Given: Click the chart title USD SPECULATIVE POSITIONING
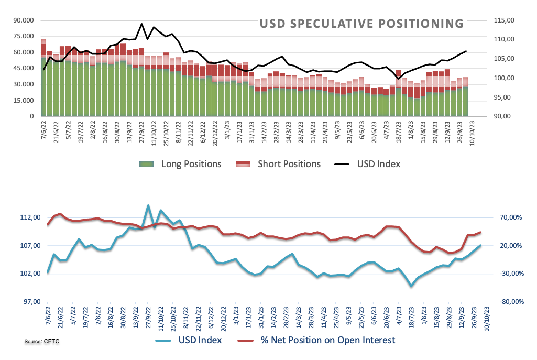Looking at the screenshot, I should pyautogui.click(x=361, y=24).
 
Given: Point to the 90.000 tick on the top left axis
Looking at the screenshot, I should pyautogui.click(x=24, y=20).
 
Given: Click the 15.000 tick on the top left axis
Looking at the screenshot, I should pyautogui.click(x=24, y=101).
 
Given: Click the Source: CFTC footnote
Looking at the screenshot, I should pyautogui.click(x=41, y=342).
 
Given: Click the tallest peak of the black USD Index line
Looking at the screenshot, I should pyautogui.click(x=141, y=24).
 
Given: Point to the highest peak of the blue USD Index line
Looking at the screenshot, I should pyautogui.click(x=148, y=205).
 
